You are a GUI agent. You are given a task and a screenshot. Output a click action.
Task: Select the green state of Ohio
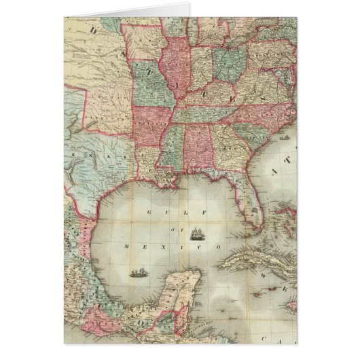pyautogui.click(x=229, y=61)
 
